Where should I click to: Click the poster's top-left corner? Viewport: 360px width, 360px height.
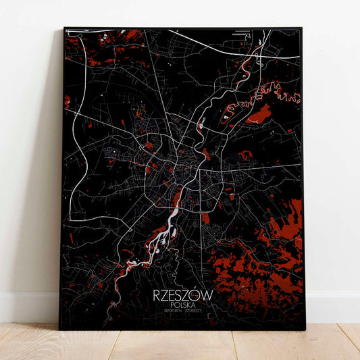(x=65, y=28)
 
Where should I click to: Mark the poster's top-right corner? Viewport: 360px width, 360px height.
(x=302, y=28)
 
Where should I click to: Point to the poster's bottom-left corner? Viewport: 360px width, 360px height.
(x=59, y=329)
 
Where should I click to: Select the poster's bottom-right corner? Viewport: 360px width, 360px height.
(x=305, y=330)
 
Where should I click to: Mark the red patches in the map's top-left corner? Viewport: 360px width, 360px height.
(x=101, y=51)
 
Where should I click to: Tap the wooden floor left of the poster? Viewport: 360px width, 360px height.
(x=27, y=341)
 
